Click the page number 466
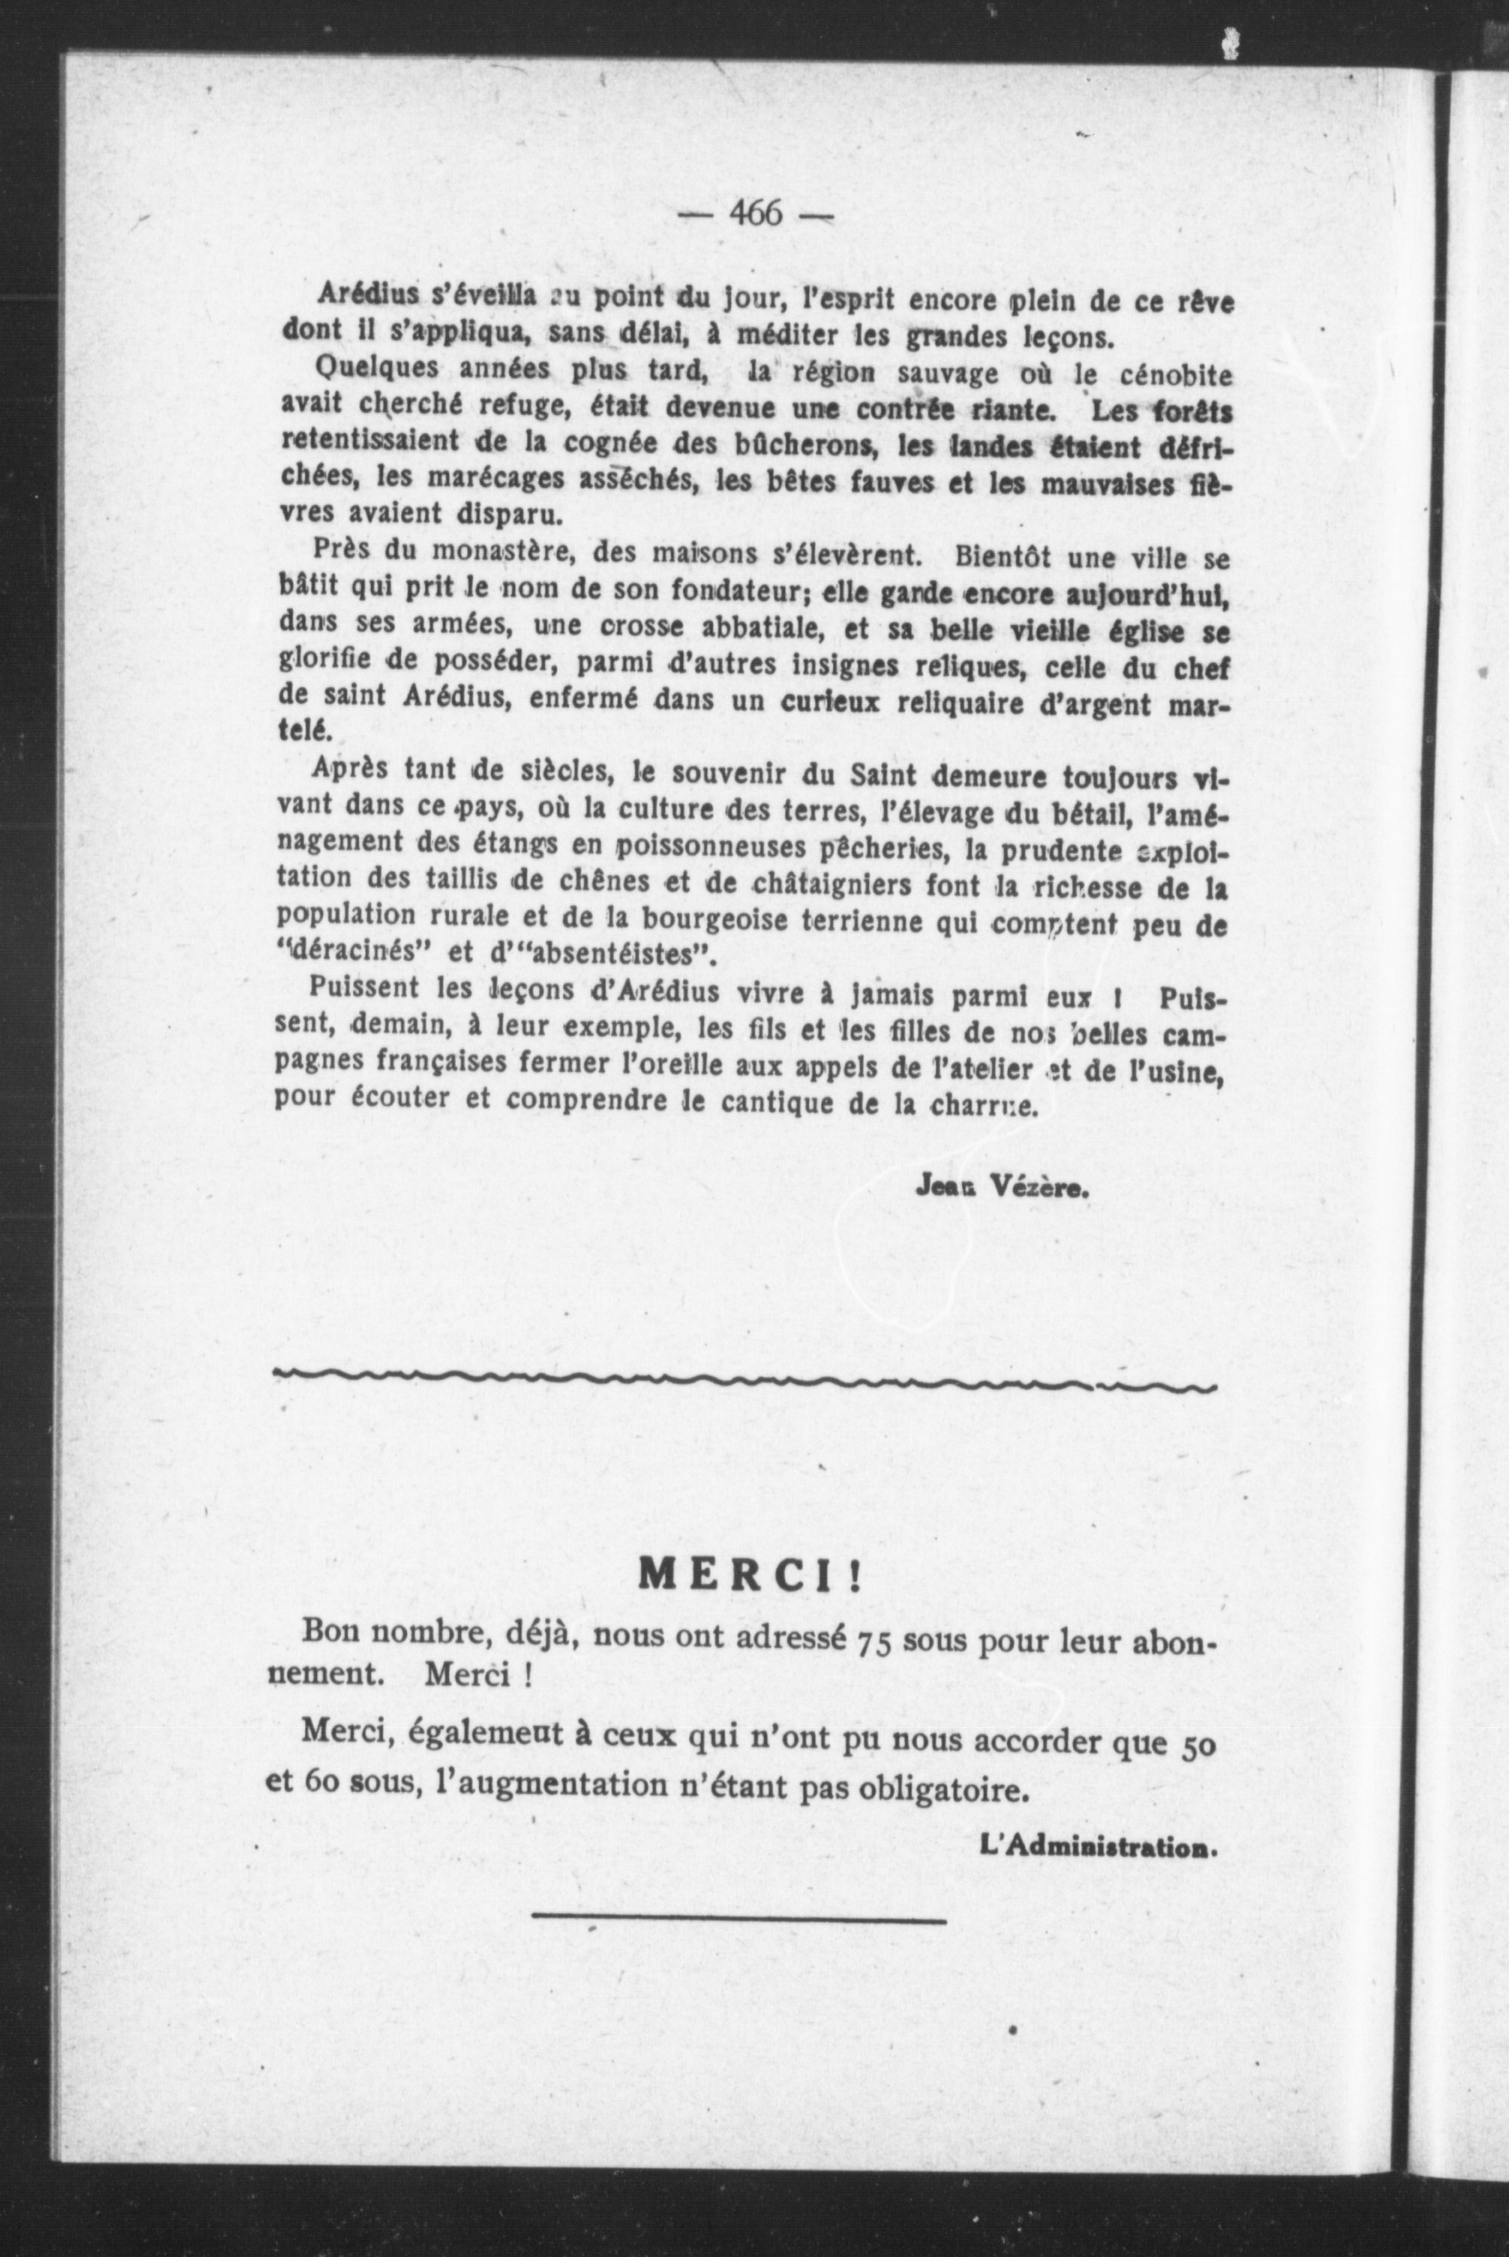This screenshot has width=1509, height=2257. click(x=756, y=212)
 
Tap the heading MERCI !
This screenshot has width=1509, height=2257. click(x=751, y=1574)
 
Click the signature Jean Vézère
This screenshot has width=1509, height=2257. click(x=1001, y=1187)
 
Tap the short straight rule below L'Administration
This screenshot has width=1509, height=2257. click(x=738, y=1918)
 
